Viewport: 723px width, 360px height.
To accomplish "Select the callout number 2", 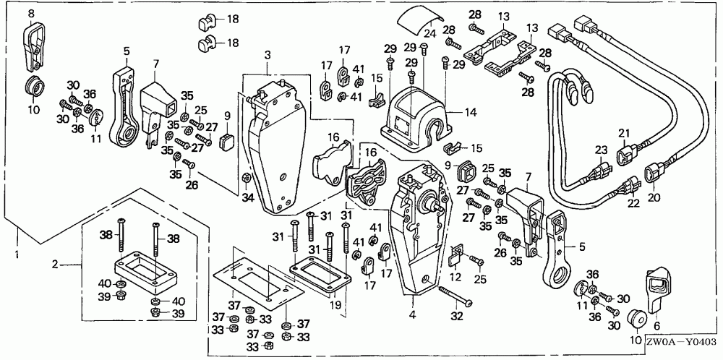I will click(x=55, y=264).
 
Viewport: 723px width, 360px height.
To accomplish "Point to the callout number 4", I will click(x=412, y=314).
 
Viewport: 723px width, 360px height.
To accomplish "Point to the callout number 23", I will click(x=599, y=150).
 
